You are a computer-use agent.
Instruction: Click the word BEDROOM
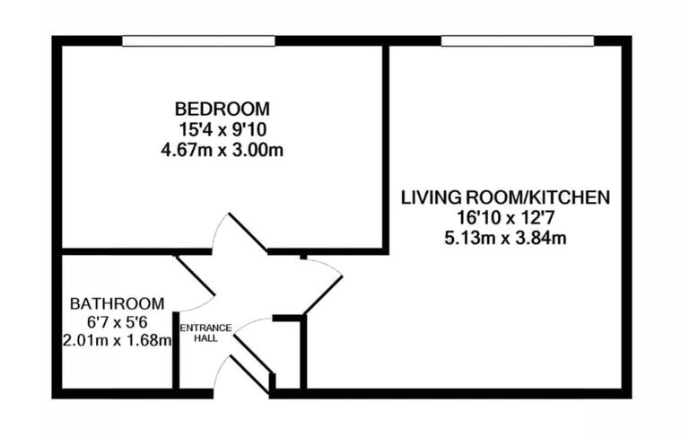tap(222, 109)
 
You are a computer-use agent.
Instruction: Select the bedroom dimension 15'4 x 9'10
tap(222, 129)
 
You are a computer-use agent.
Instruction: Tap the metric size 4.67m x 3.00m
tap(222, 149)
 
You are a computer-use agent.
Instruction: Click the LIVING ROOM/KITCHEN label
tap(505, 197)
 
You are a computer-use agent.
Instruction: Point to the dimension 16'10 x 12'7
tap(505, 217)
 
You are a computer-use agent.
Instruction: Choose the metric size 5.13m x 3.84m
tap(505, 238)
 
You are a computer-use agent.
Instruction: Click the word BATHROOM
tap(118, 303)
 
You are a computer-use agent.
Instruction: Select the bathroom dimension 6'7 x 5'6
tap(118, 322)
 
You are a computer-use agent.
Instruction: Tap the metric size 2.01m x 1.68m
tap(118, 341)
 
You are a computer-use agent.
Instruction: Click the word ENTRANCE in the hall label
tap(207, 328)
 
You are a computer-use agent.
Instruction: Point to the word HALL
tap(207, 338)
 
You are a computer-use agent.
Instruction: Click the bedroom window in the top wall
tap(198, 40)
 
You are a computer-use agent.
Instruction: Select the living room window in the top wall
tap(518, 40)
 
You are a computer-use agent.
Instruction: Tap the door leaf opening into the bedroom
tap(247, 232)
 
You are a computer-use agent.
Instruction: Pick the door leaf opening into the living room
tap(324, 293)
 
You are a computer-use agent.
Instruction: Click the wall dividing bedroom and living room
tap(386, 144)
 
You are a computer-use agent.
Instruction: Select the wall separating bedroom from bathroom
tap(117, 251)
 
